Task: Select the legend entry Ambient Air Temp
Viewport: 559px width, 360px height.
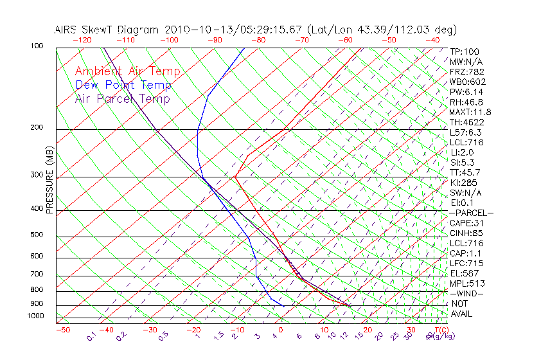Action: (x=127, y=71)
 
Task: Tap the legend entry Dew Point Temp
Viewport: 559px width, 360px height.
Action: (x=123, y=85)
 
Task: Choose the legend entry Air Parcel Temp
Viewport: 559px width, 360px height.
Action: (x=122, y=98)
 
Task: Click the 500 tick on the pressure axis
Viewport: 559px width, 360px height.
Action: (x=36, y=235)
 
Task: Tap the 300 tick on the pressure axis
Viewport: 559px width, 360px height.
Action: (x=36, y=175)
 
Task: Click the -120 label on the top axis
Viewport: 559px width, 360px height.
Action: (x=81, y=39)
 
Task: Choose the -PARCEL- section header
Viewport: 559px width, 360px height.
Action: (x=471, y=213)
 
